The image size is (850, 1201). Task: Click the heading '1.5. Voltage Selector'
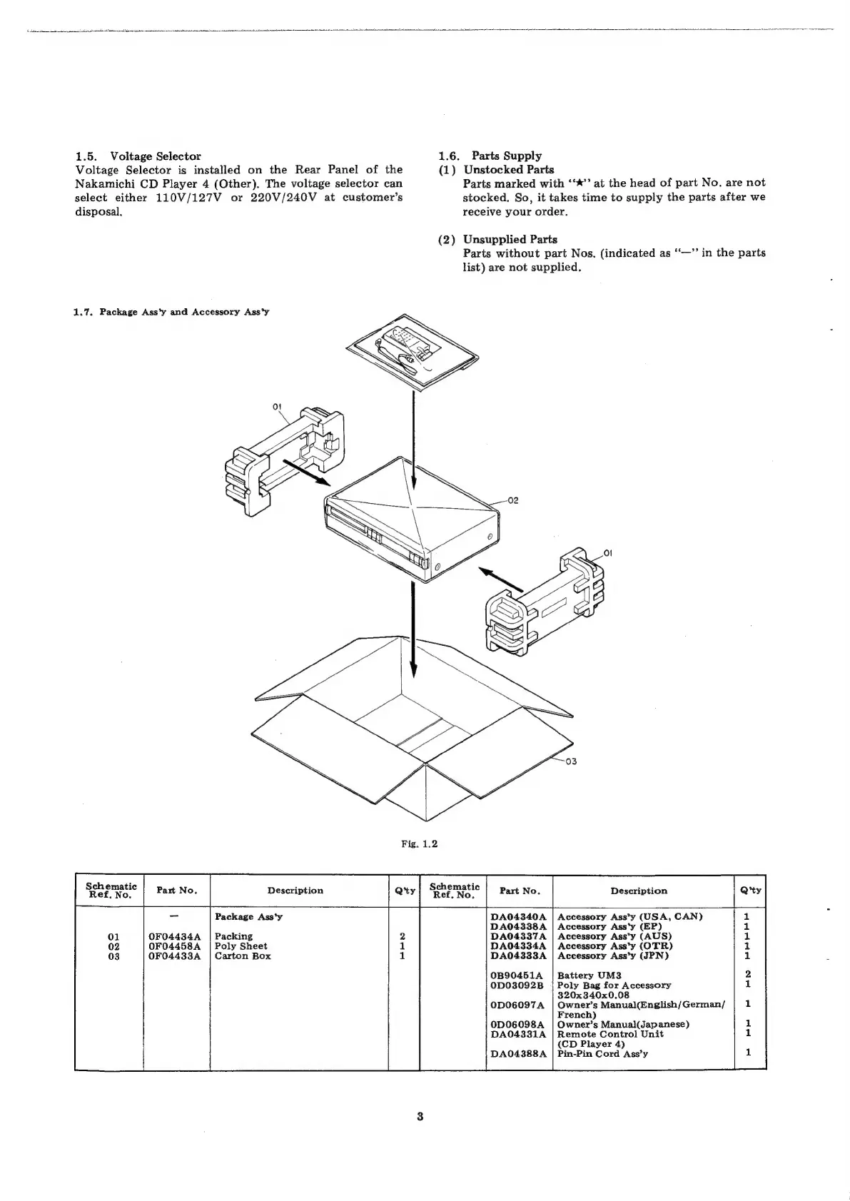tap(138, 156)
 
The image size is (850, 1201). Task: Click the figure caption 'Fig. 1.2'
tap(419, 843)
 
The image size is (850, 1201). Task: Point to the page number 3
tap(420, 1117)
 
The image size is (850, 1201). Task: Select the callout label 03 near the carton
tap(570, 761)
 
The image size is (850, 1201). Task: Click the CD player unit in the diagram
tap(414, 528)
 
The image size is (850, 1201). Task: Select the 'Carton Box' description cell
tap(243, 956)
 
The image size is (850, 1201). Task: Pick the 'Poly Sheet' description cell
tap(241, 946)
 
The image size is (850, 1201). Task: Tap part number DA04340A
tap(519, 916)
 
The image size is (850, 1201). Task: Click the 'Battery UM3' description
tap(589, 976)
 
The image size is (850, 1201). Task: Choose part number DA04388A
tap(519, 1053)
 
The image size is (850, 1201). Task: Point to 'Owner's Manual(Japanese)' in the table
tap(622, 1024)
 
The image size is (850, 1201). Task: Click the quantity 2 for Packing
tap(403, 936)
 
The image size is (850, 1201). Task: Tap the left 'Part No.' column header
tap(176, 891)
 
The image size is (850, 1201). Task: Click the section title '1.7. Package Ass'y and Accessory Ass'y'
tap(171, 312)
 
